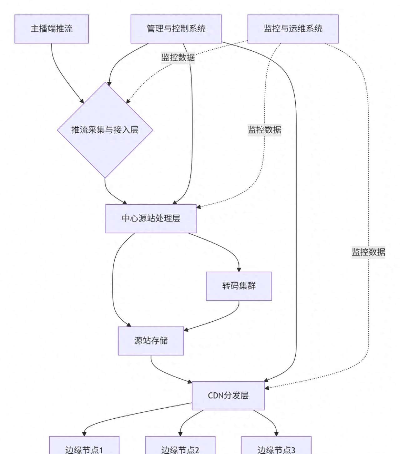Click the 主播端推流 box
(x=52, y=29)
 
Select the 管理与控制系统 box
(x=176, y=29)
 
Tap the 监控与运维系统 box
(x=293, y=29)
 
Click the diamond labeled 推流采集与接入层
(x=105, y=130)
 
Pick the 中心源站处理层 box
(x=151, y=218)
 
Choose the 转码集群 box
(x=239, y=286)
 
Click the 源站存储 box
(x=151, y=340)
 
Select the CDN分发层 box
(x=228, y=395)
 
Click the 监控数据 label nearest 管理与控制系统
(x=178, y=58)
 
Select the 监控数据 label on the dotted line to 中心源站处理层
(x=264, y=130)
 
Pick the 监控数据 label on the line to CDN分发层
(x=368, y=252)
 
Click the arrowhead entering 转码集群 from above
(x=239, y=269)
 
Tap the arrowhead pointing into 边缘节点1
(x=84, y=434)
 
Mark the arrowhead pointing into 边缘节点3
(x=276, y=434)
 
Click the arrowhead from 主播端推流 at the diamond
(x=82, y=101)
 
